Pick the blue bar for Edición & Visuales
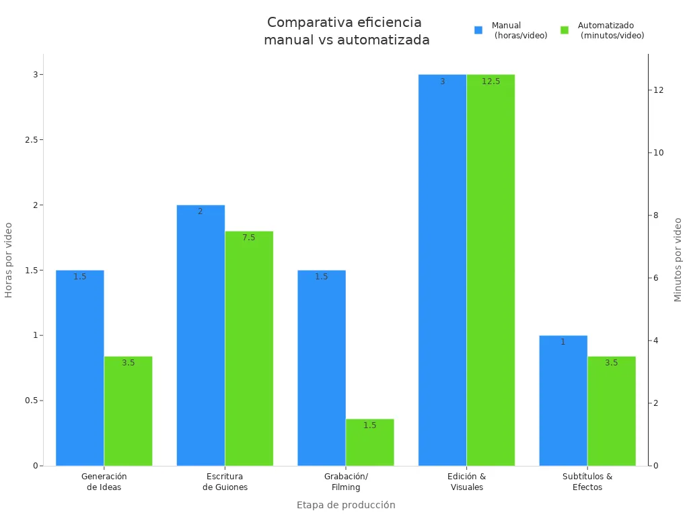pos(442,269)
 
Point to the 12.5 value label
pos(491,81)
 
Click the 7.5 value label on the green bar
pos(249,238)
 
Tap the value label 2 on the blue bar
pos(200,211)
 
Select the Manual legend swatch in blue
pos(478,30)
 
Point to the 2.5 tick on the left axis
pos(30,139)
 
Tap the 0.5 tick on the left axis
pos(30,401)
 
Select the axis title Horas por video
pos(9,260)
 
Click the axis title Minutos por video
pos(678,260)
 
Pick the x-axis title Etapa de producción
pos(346,505)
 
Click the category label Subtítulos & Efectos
pos(587,481)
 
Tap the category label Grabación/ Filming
pos(346,481)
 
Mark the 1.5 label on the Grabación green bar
pos(369,425)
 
